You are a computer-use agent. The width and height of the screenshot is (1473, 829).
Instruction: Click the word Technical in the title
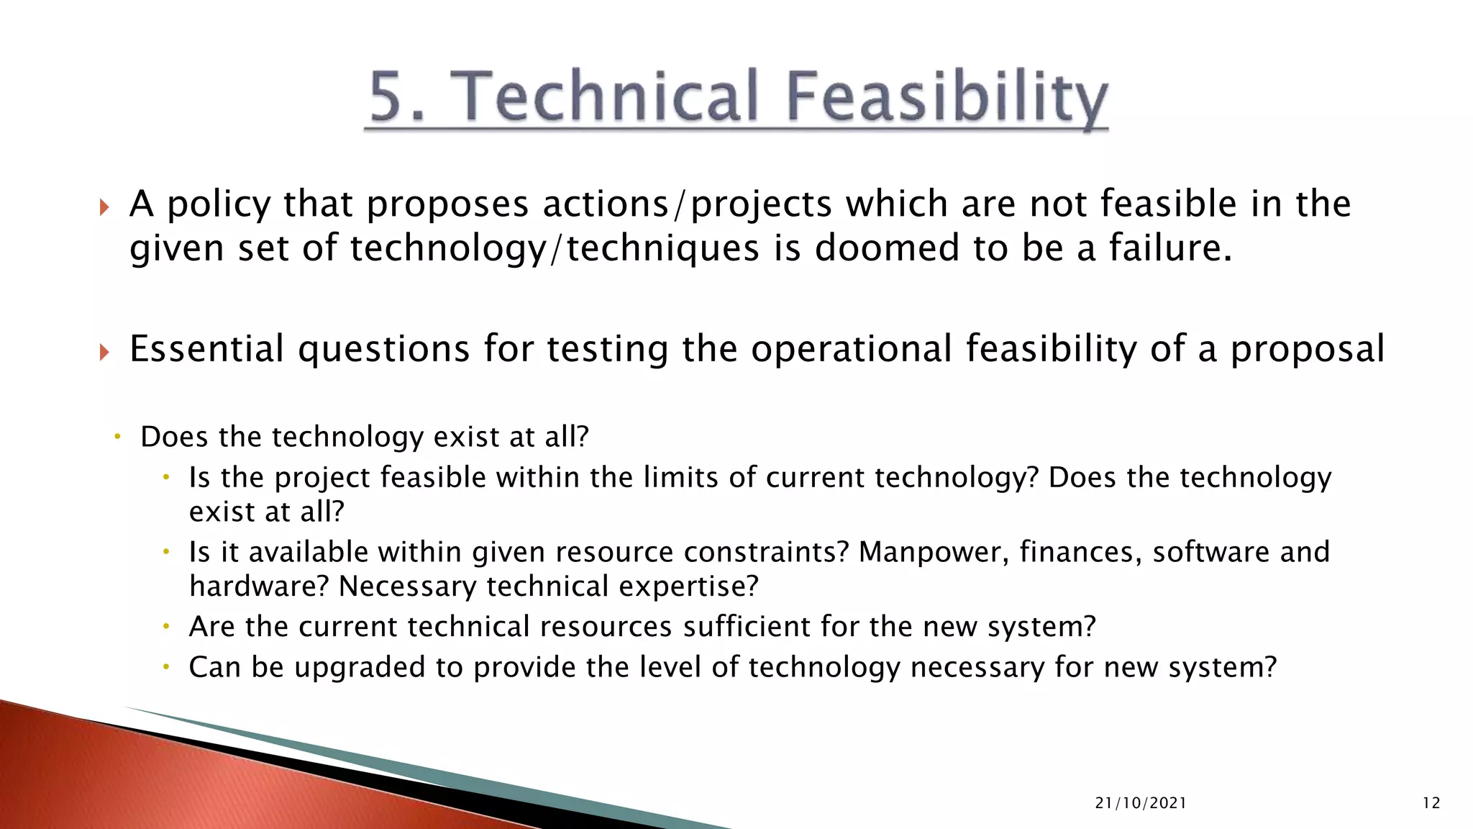(609, 96)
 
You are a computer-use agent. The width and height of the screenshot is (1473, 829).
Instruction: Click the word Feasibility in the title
(947, 98)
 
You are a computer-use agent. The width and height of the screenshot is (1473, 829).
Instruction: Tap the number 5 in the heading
(389, 96)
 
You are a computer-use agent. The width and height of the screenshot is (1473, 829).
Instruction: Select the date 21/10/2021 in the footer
(1141, 803)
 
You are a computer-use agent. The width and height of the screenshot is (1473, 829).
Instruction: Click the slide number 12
(1431, 803)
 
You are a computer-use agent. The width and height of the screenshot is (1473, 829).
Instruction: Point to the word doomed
(888, 248)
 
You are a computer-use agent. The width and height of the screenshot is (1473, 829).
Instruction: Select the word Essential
(206, 349)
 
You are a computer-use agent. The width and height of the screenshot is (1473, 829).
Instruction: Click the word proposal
(1307, 350)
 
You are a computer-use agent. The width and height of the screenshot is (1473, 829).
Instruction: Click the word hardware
(258, 586)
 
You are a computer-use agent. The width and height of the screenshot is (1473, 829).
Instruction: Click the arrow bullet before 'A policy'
(104, 207)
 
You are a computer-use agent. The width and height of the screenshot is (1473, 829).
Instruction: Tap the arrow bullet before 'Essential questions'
(104, 352)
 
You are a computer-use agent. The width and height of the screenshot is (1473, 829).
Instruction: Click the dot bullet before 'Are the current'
(165, 627)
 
